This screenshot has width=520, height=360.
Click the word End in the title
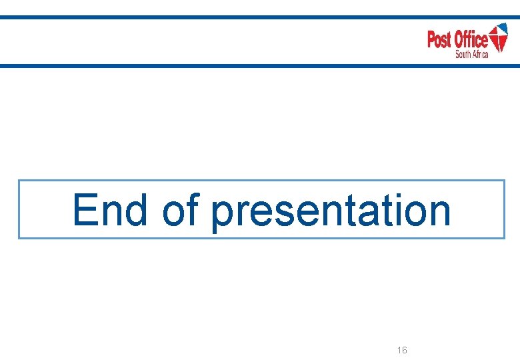[x=110, y=209]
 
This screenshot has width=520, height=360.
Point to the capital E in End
[x=86, y=209]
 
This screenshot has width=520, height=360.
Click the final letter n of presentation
[x=438, y=212]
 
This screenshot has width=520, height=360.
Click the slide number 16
[x=402, y=350]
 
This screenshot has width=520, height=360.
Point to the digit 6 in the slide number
[x=405, y=350]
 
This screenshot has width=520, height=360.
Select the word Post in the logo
[x=440, y=40]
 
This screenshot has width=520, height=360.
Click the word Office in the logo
[x=471, y=40]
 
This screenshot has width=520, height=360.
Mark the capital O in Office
[x=461, y=40]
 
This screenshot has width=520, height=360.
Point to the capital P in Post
[x=431, y=40]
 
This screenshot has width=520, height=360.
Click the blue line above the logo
[x=260, y=17]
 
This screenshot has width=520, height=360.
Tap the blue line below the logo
[x=260, y=65]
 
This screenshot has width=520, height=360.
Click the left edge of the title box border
[x=18, y=209]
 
